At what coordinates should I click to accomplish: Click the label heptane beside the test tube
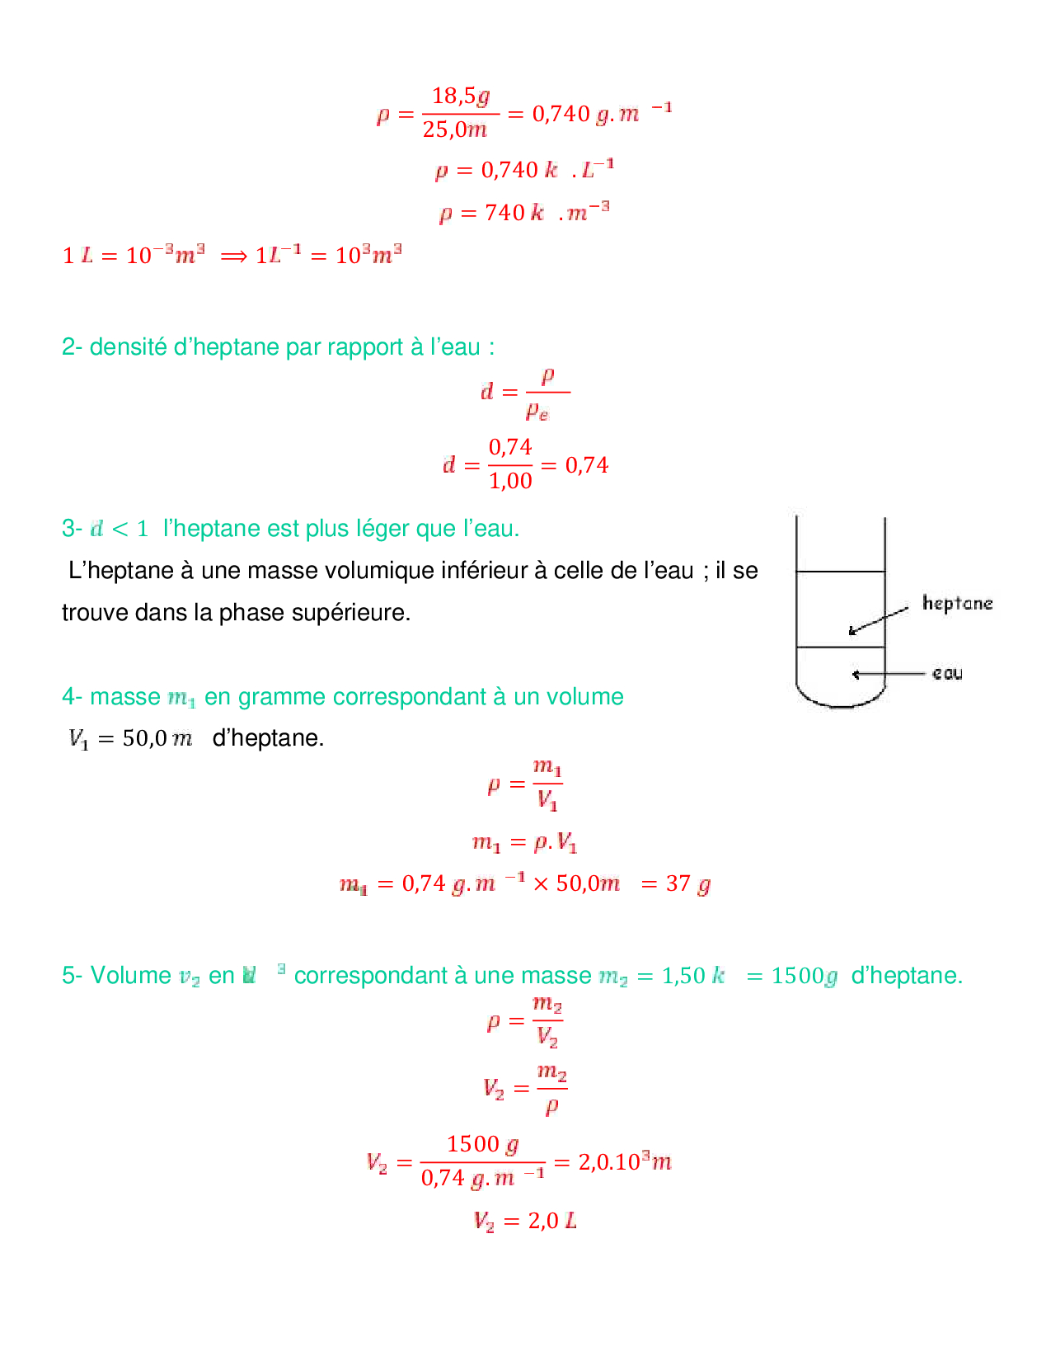[x=957, y=603]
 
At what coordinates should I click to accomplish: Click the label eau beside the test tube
[x=947, y=673]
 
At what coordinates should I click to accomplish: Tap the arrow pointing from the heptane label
[x=879, y=620]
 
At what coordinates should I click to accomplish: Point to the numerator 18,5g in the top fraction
[x=461, y=97]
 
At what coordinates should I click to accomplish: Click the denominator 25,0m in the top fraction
[x=455, y=130]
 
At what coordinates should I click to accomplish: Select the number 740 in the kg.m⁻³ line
[x=504, y=213]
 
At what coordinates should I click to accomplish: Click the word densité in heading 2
[x=128, y=347]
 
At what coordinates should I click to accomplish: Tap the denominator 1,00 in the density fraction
[x=510, y=481]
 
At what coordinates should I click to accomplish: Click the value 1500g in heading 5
[x=804, y=976]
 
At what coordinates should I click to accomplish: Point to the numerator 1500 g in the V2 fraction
[x=482, y=1144]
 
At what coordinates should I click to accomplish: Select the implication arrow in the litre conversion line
[x=234, y=256]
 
